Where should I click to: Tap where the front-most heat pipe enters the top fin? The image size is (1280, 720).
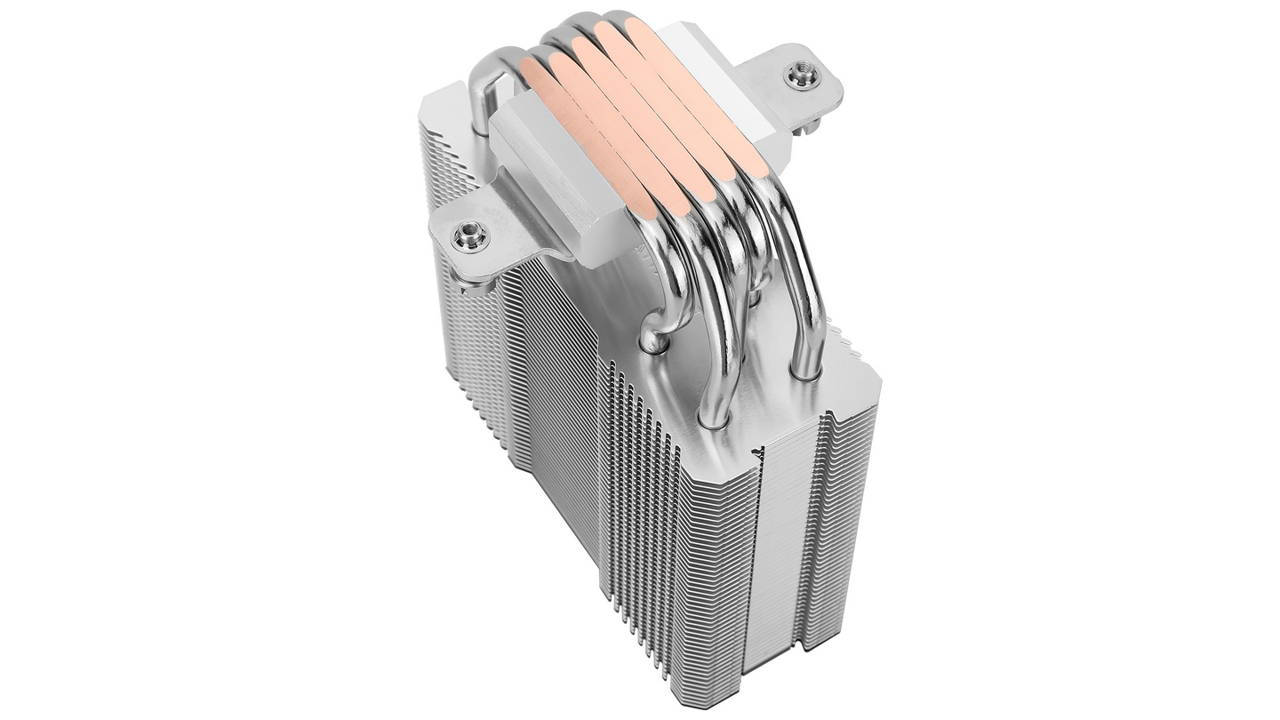[716, 413]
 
